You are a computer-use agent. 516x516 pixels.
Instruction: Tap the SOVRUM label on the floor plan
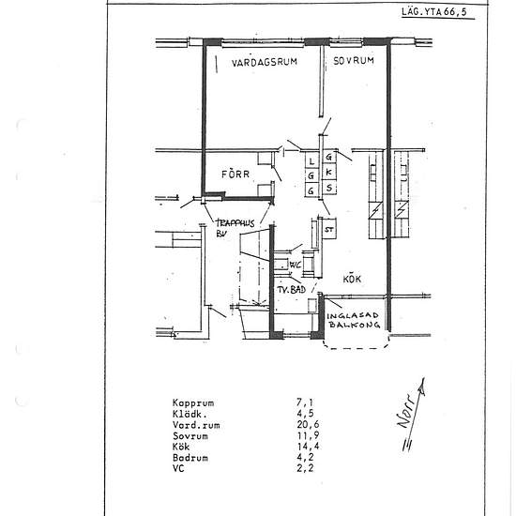354,59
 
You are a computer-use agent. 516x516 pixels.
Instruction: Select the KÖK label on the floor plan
352,279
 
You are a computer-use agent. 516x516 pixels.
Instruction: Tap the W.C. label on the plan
294,265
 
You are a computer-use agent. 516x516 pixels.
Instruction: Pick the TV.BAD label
291,292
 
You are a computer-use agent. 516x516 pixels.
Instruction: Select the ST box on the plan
329,229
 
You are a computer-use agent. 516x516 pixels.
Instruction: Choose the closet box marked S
328,189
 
